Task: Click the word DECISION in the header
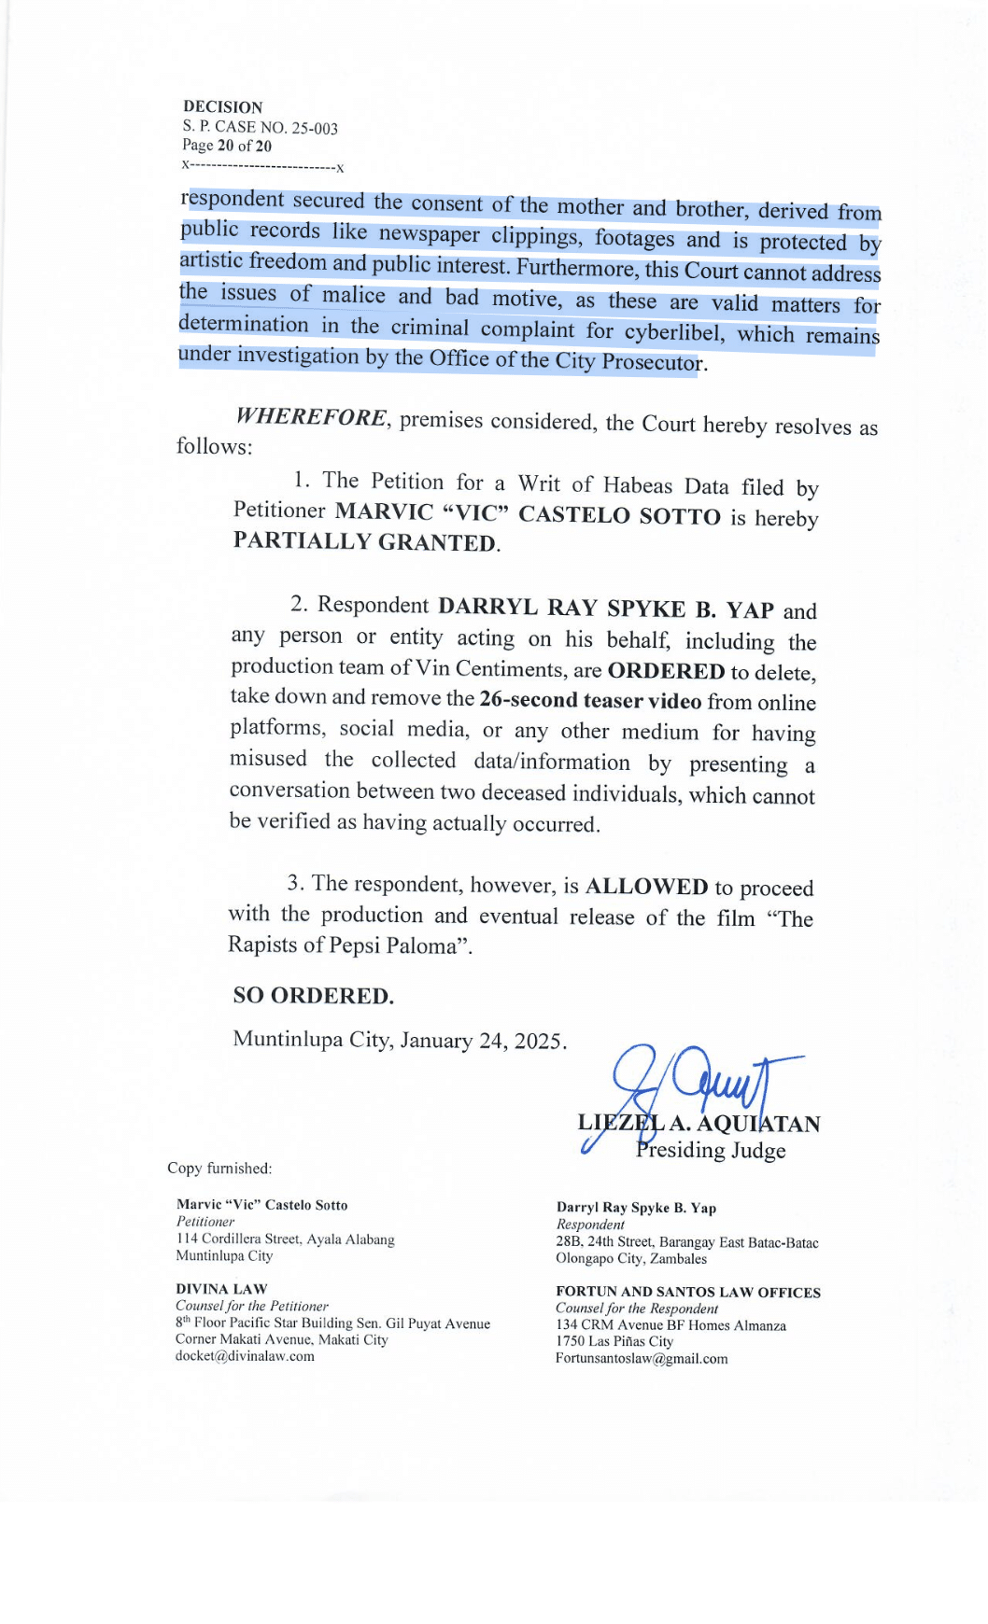click(x=222, y=106)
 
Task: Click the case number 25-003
click(x=314, y=128)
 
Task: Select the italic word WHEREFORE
click(x=311, y=416)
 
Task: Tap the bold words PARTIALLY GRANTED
click(x=365, y=542)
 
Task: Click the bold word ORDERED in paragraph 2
click(x=666, y=671)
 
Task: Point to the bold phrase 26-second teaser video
click(x=590, y=701)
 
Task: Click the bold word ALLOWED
click(x=646, y=887)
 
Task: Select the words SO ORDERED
click(x=313, y=996)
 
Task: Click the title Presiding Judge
click(x=711, y=1150)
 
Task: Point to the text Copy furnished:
click(x=219, y=1169)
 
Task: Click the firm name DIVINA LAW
click(x=221, y=1289)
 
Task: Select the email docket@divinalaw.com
click(x=245, y=1356)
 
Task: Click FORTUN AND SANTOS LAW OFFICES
click(x=688, y=1293)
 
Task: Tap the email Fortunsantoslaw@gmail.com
click(x=642, y=1359)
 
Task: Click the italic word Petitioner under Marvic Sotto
click(x=205, y=1222)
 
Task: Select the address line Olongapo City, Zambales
click(x=631, y=1259)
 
